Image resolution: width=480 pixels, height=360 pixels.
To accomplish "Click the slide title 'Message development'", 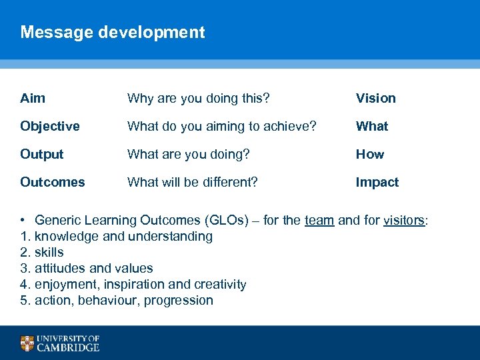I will point(113,32).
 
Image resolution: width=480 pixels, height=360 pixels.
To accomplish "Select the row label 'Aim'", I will point(33,98).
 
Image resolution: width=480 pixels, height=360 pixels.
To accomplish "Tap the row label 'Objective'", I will point(50,126).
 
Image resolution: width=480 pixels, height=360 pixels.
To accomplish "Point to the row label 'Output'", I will point(42,154).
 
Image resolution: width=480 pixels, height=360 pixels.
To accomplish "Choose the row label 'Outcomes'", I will point(53,182).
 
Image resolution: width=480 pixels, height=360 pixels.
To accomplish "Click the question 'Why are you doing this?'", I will point(198,98).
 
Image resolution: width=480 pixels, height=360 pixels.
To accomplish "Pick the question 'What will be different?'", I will point(192,182).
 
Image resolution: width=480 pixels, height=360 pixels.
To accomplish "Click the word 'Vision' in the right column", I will point(375,98).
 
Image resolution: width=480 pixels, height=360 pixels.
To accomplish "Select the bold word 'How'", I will point(369,154).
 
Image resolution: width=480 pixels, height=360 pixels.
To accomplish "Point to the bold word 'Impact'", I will point(377,182).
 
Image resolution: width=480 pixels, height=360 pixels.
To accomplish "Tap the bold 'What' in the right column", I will point(371,126).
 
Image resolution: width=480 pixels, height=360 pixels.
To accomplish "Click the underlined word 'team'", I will point(319,221).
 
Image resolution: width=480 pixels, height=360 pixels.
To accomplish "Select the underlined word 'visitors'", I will point(403,221).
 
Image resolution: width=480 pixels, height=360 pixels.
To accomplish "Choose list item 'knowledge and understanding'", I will point(123,236).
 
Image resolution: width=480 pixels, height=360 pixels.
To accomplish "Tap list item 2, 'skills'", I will point(49,252).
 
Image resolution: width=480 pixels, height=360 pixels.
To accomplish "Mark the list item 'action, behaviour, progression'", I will point(123,300).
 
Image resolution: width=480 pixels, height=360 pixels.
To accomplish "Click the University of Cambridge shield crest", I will point(27,343).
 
